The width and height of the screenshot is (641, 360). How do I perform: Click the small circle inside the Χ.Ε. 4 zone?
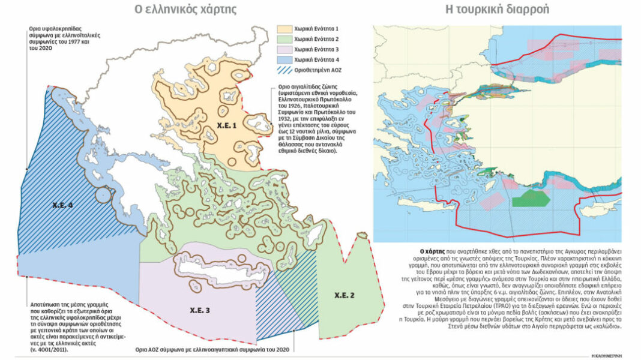(x=104, y=195)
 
